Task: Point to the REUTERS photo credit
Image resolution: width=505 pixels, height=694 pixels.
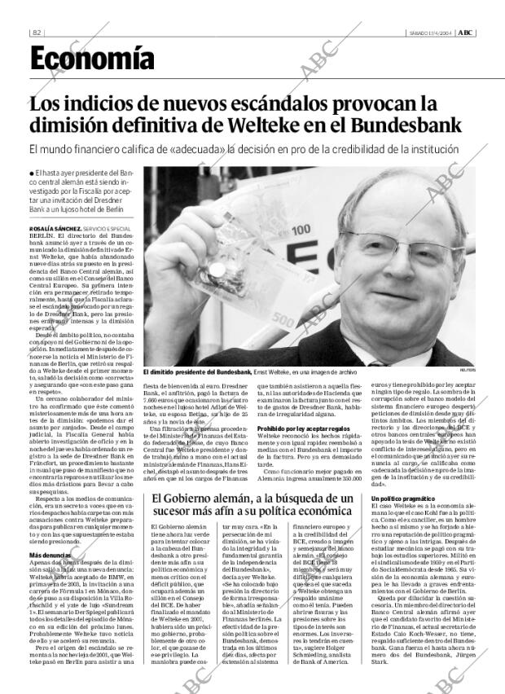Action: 468,371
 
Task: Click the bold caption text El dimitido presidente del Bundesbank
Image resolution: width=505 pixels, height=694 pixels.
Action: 196,371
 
